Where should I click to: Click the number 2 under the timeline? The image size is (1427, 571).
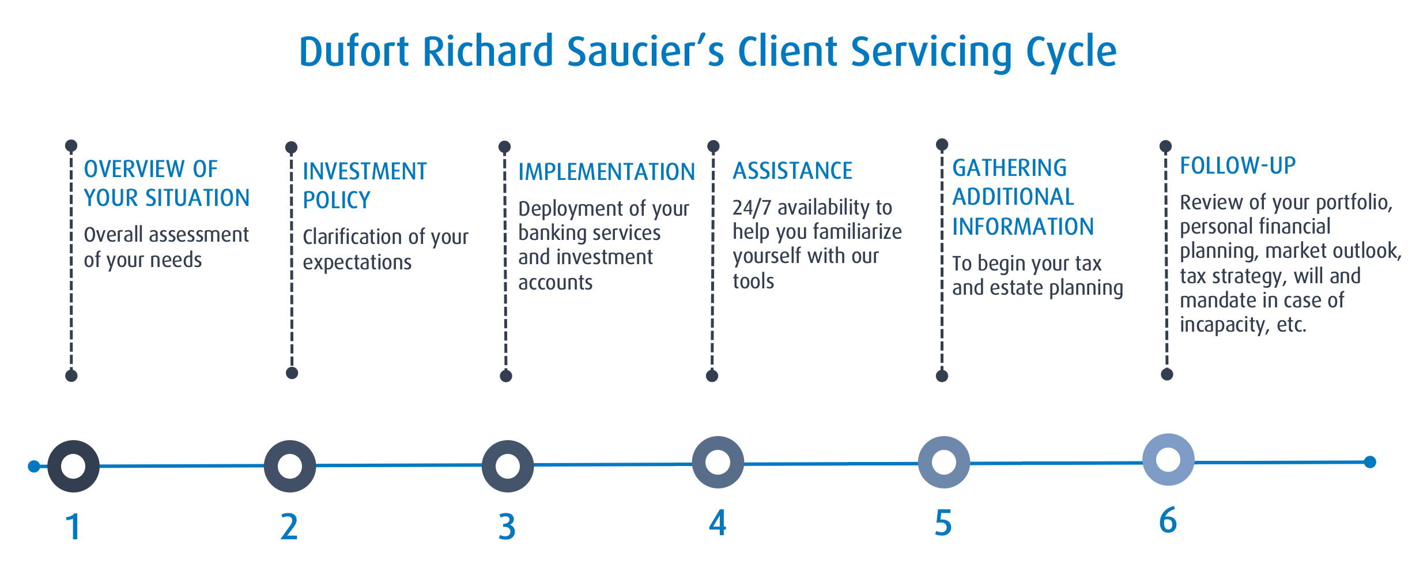pos(289,527)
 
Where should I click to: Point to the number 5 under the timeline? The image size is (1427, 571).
pos(943,523)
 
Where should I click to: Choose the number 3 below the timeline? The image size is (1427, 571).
pos(507,527)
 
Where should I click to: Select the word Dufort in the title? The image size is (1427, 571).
pos(354,51)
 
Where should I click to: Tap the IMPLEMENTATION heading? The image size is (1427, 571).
pos(606,172)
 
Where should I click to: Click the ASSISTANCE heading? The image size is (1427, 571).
pos(792,171)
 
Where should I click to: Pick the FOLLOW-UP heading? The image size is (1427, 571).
pos(1237,166)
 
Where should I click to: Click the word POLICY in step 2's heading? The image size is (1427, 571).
pos(337,200)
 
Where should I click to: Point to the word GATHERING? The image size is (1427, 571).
pos(1009,168)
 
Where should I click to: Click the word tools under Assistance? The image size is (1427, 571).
pos(753,281)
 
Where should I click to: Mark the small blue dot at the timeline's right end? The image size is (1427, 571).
pos(1370,462)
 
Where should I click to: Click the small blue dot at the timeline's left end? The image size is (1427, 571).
pos(34,466)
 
